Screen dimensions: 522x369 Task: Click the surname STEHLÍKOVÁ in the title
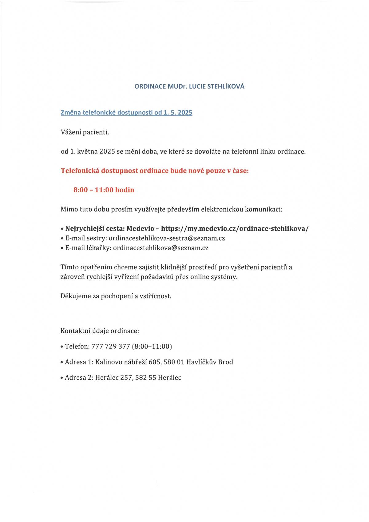[226, 86]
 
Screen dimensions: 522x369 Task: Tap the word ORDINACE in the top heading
[150, 86]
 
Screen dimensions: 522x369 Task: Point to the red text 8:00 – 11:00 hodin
[104, 190]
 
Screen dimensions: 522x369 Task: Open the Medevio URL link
[235, 228]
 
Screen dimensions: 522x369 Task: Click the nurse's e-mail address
[167, 238]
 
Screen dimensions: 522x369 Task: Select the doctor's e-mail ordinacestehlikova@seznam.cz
[161, 248]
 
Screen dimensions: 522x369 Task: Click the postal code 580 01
[174, 362]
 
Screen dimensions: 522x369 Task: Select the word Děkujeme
[76, 296]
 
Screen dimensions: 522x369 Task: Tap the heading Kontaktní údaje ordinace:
[100, 331]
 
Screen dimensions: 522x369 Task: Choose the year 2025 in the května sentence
[107, 152]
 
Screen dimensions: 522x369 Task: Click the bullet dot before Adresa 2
[62, 378]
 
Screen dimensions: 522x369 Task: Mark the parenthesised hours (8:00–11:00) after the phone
[152, 347]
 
